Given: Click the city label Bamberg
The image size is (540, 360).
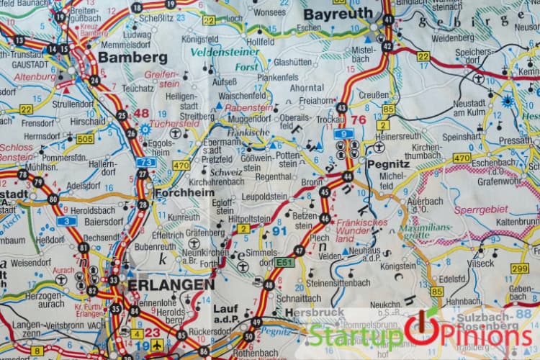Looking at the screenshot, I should tap(132, 57).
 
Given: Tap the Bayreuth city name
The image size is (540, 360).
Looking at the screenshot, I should tap(338, 14).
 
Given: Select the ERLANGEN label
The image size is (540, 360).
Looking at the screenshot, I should tap(171, 284).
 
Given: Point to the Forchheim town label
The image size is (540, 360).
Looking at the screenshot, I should tap(181, 193).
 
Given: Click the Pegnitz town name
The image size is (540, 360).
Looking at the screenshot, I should tap(387, 163).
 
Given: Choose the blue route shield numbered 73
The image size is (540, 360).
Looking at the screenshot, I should tap(145, 163).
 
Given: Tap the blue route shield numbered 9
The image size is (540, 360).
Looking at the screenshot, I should tap(344, 133).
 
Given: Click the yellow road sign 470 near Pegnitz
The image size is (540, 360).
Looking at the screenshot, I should tap(462, 158).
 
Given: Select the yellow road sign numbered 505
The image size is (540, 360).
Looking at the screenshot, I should tap(85, 139).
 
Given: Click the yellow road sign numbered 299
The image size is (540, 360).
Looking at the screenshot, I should tap(519, 269).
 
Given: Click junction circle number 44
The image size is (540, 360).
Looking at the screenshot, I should tap(348, 176).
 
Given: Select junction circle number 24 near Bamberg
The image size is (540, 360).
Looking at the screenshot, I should tap(95, 80).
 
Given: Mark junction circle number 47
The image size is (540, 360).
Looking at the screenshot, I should tap(299, 251).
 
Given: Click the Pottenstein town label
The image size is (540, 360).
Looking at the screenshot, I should tap(287, 159).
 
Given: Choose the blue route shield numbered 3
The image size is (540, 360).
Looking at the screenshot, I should tap(67, 221).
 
